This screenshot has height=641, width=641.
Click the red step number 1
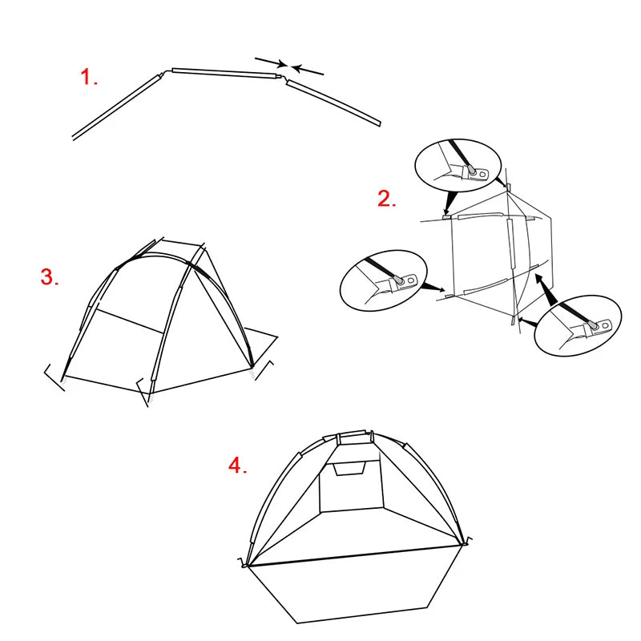coord(88,78)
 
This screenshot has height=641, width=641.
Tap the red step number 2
coord(386,200)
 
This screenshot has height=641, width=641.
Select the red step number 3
coord(50,278)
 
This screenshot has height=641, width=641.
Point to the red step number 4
coord(237,466)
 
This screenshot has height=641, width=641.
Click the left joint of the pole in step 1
coord(165,73)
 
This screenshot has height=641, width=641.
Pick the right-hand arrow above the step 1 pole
coord(308,71)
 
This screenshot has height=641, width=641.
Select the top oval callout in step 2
coord(457,166)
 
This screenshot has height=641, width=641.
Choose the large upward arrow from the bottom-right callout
coord(545,285)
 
